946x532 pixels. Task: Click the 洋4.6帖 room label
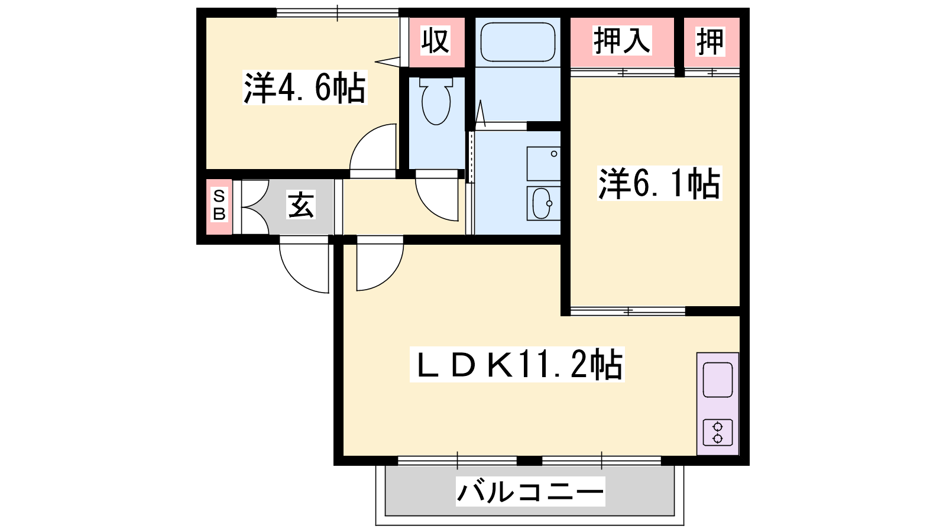[x=305, y=88]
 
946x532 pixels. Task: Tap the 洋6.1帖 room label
[x=659, y=183]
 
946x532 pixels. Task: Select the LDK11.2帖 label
[x=517, y=365]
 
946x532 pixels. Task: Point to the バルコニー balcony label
[x=530, y=492]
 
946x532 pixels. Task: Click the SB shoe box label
[x=219, y=205]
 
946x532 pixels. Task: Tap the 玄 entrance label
[x=301, y=205]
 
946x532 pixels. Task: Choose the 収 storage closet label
[x=435, y=41]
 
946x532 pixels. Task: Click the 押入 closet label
[x=621, y=41]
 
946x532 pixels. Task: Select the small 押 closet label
[x=710, y=41]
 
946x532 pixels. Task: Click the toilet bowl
[x=436, y=101]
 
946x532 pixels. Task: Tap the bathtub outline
[x=518, y=42]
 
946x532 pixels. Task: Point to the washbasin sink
[x=543, y=203]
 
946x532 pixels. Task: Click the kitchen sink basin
[x=718, y=379]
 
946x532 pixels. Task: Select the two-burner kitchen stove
[x=718, y=433]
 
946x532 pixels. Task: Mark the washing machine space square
[x=543, y=164]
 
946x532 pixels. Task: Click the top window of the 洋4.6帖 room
[x=338, y=12]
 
